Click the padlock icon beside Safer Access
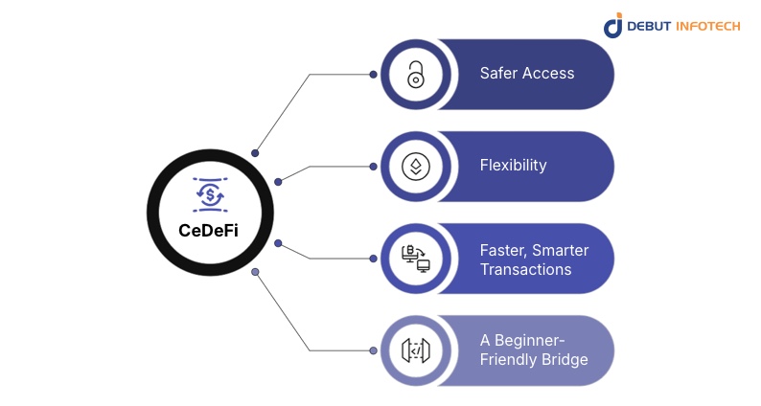pyautogui.click(x=416, y=75)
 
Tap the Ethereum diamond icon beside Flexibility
pyautogui.click(x=416, y=166)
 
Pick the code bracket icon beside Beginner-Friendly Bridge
pyautogui.click(x=416, y=350)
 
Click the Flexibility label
pyautogui.click(x=513, y=165)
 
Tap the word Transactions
pyautogui.click(x=525, y=269)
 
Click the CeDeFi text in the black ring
pyautogui.click(x=210, y=230)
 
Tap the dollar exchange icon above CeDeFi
pyautogui.click(x=210, y=195)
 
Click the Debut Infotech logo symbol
pyautogui.click(x=613, y=26)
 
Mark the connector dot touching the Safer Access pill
pyautogui.click(x=373, y=74)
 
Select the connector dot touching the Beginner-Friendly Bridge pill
pyautogui.click(x=373, y=350)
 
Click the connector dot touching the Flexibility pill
pyautogui.click(x=373, y=166)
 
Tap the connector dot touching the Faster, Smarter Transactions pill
pyautogui.click(x=373, y=258)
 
